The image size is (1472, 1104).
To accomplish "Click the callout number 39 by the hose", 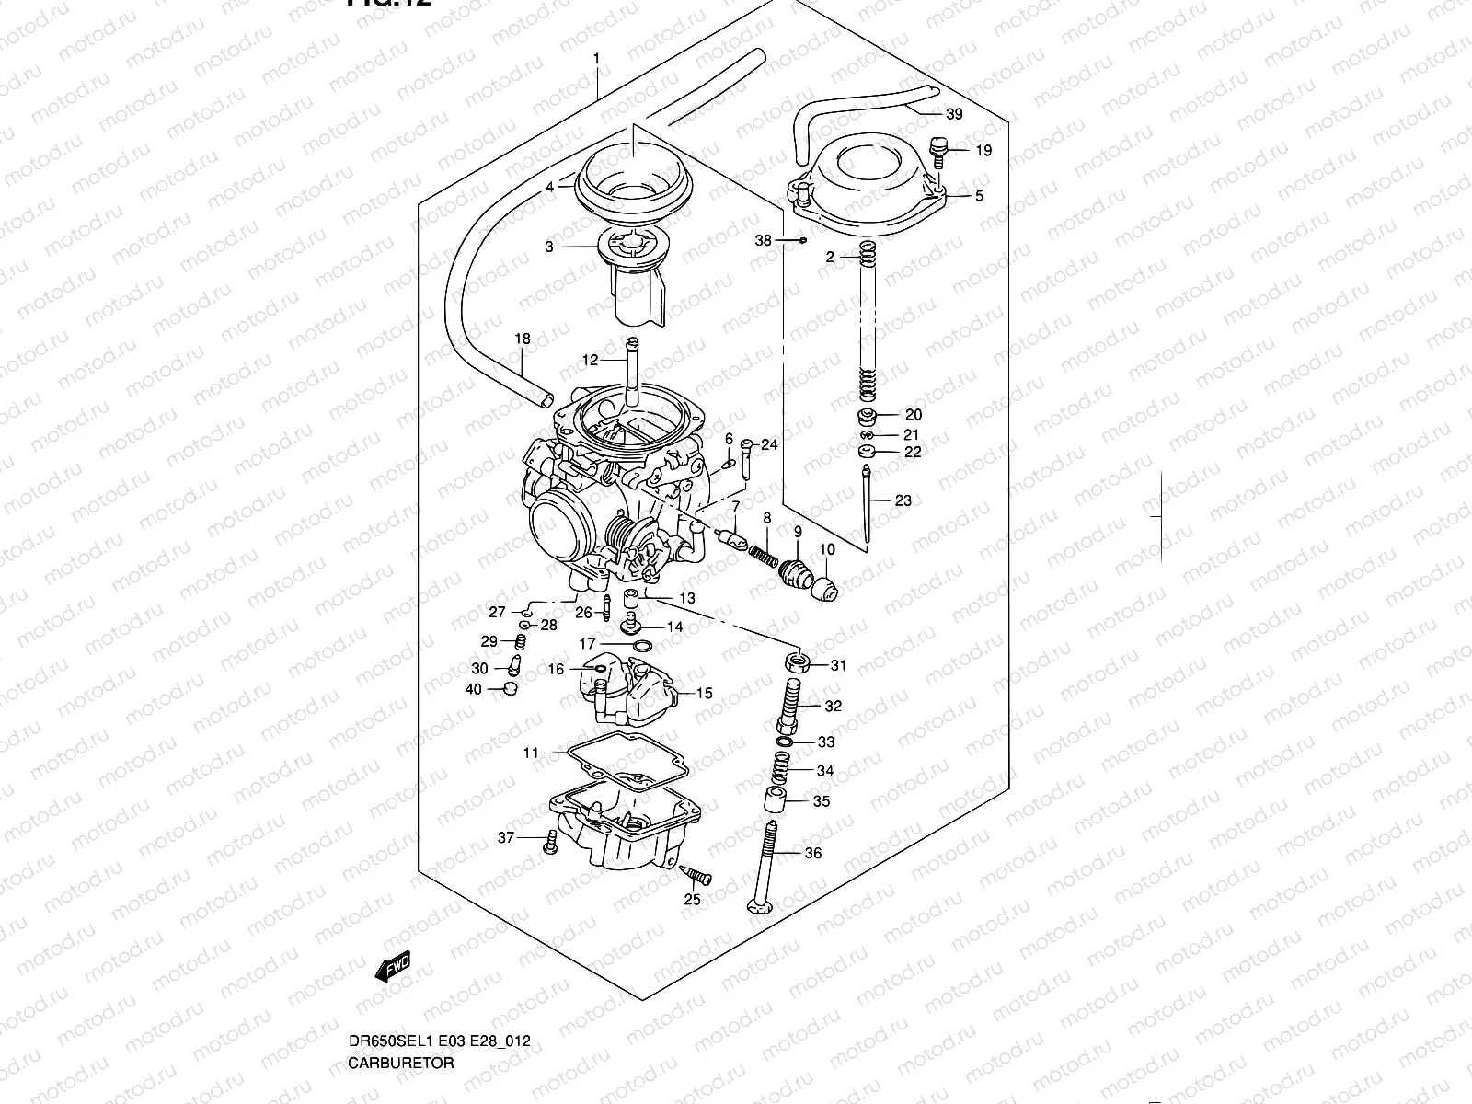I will tap(954, 114).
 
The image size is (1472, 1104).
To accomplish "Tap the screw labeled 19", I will tap(937, 150).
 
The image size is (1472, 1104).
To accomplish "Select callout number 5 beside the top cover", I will tap(979, 196).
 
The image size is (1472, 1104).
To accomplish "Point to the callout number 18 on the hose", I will tap(522, 339).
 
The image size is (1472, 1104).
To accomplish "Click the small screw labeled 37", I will tap(550, 841).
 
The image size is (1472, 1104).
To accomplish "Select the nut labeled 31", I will tap(797, 661).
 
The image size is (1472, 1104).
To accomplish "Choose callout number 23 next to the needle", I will tap(903, 500).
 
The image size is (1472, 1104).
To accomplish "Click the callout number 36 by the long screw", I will tap(812, 854).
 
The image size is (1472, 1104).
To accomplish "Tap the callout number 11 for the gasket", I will tap(531, 753).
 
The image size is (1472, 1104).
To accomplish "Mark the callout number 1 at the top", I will tap(596, 58).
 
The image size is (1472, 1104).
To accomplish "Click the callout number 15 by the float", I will tap(704, 694).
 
